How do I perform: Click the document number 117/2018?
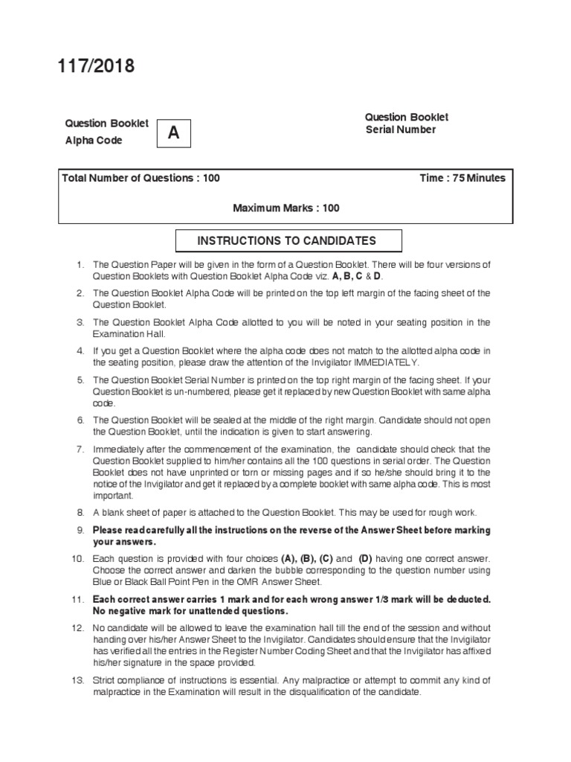[97, 68]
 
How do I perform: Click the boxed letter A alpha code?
[173, 133]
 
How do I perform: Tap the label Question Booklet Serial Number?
[406, 124]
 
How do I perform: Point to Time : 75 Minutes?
[462, 178]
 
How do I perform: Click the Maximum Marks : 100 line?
[286, 208]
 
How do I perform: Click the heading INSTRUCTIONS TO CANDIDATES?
[286, 240]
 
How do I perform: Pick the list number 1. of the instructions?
[80, 265]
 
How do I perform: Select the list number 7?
[80, 449]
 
